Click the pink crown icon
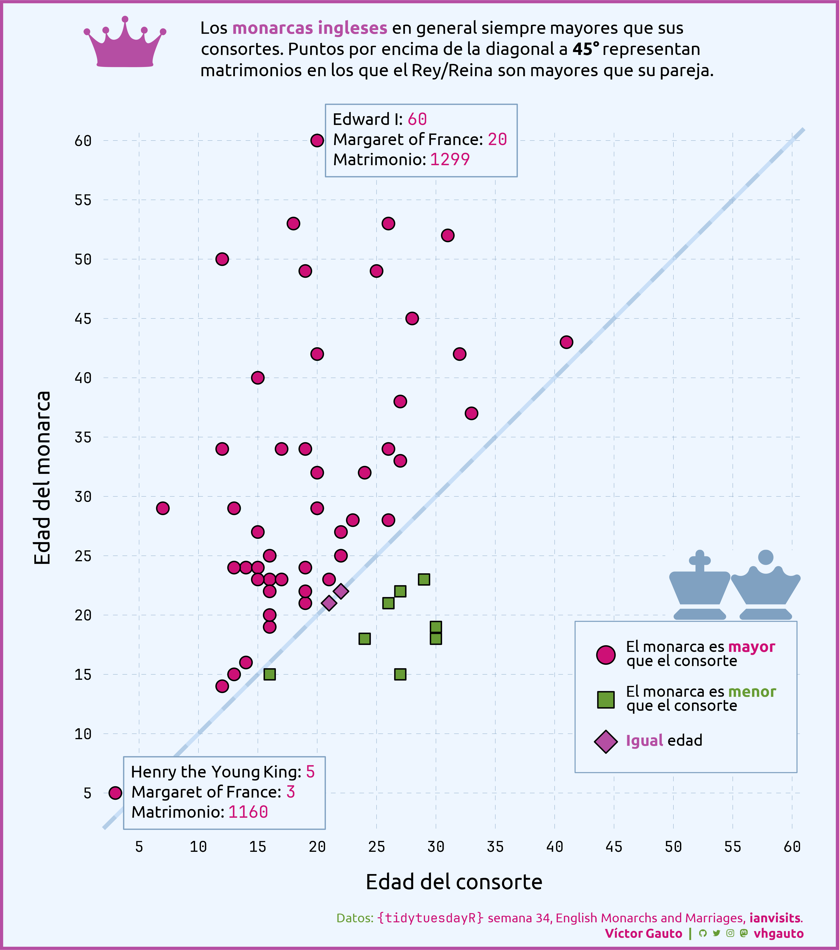[x=125, y=44]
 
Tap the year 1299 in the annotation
[x=450, y=159]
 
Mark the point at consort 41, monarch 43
[x=566, y=342]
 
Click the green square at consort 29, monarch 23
[x=424, y=579]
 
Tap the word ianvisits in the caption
[x=775, y=918]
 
